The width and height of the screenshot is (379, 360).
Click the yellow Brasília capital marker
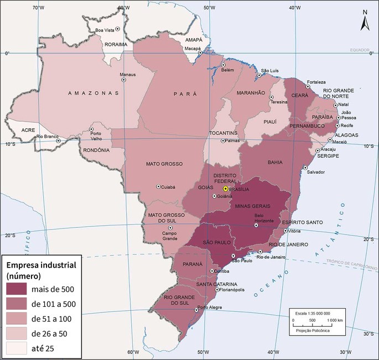tap(226, 189)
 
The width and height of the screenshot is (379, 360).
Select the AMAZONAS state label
tap(93, 93)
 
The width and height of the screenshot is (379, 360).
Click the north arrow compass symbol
tap(365, 22)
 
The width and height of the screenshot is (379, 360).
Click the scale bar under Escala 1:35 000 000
tap(319, 320)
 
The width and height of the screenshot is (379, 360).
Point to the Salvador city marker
tap(305, 168)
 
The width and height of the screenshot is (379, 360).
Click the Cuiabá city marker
tap(159, 186)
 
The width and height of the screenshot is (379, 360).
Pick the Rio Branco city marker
tap(58, 140)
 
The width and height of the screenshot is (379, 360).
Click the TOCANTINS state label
tap(224, 133)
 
